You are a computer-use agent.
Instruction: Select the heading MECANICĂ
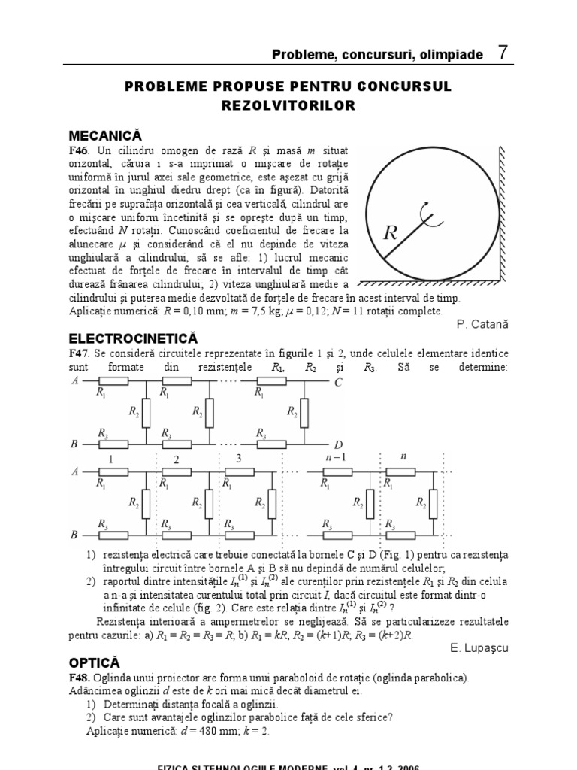(105, 135)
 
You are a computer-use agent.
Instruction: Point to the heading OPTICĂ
(95, 662)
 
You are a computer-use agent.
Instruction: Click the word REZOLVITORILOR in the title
(288, 106)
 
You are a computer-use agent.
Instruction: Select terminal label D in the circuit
(338, 444)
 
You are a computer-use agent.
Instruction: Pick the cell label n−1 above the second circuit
(323, 456)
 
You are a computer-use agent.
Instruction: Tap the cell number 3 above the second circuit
(239, 458)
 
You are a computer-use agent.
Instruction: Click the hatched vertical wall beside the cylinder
(509, 211)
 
